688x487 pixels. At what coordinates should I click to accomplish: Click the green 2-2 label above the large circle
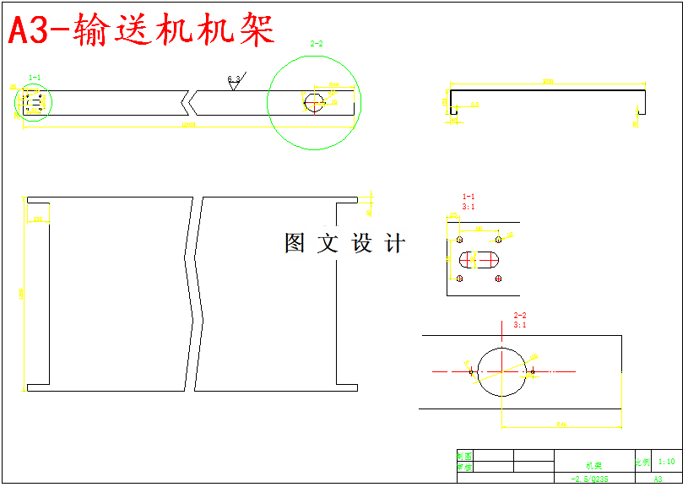(x=317, y=44)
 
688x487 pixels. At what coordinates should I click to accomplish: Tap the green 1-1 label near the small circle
(x=35, y=78)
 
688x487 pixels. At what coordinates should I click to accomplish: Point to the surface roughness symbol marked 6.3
(x=235, y=80)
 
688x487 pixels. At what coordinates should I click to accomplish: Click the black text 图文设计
(x=344, y=244)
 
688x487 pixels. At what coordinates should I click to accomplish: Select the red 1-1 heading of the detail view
(x=468, y=197)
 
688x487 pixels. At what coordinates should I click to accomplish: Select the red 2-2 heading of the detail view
(x=520, y=316)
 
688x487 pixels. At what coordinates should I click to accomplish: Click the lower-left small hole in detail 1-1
(x=460, y=279)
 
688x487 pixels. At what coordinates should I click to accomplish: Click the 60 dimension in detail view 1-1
(x=479, y=228)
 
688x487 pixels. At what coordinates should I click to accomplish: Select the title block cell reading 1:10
(x=666, y=462)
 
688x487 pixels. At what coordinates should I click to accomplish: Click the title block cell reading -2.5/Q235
(x=589, y=479)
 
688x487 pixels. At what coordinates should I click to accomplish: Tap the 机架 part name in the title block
(x=593, y=465)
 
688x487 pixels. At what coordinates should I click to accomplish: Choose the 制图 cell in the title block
(x=464, y=456)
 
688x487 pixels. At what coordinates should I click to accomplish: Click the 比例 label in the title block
(x=642, y=462)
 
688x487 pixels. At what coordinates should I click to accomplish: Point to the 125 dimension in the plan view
(x=37, y=219)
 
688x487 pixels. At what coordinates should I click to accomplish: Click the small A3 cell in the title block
(x=658, y=479)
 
